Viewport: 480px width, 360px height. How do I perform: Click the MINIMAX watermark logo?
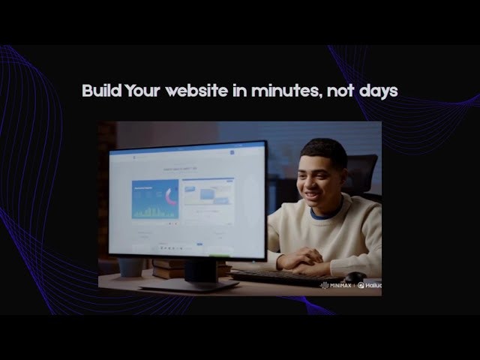pyautogui.click(x=335, y=285)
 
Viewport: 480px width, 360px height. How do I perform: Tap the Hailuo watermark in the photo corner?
pyautogui.click(x=369, y=285)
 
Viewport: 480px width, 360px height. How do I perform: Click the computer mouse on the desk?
pyautogui.click(x=355, y=277)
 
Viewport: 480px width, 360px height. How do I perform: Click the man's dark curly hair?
pyautogui.click(x=325, y=151)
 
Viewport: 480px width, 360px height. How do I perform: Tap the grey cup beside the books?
pyautogui.click(x=130, y=266)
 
